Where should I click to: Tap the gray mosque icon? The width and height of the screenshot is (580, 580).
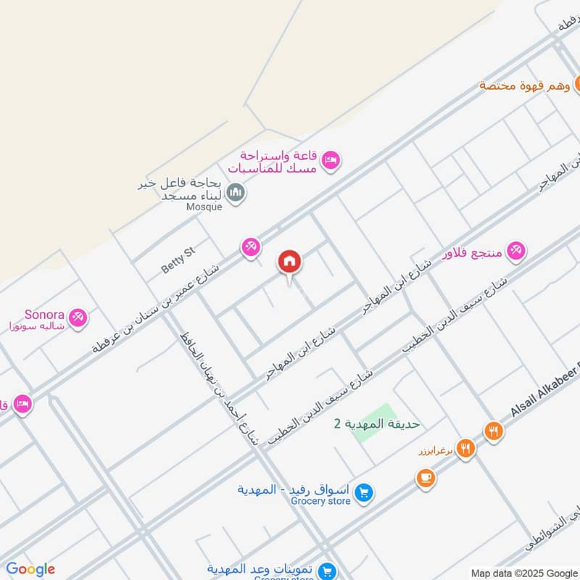pyautogui.click(x=236, y=192)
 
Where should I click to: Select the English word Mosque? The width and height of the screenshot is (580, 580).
pyautogui.click(x=204, y=207)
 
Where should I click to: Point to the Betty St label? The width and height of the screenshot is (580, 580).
pyautogui.click(x=178, y=260)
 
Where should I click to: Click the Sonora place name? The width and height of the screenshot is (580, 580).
pyautogui.click(x=45, y=315)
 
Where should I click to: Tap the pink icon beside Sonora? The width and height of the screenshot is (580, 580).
pyautogui.click(x=78, y=317)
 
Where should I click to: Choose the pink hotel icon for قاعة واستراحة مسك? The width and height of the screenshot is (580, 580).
pyautogui.click(x=331, y=160)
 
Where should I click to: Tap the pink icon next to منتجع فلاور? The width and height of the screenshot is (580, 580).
pyautogui.click(x=515, y=250)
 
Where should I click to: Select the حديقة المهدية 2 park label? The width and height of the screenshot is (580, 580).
pyautogui.click(x=377, y=423)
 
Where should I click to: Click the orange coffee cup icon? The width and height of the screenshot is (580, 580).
pyautogui.click(x=426, y=478)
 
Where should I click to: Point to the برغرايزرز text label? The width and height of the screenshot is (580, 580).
pyautogui.click(x=434, y=451)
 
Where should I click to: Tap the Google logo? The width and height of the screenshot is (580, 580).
pyautogui.click(x=30, y=569)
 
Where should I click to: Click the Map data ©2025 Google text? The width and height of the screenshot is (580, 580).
pyautogui.click(x=523, y=573)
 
